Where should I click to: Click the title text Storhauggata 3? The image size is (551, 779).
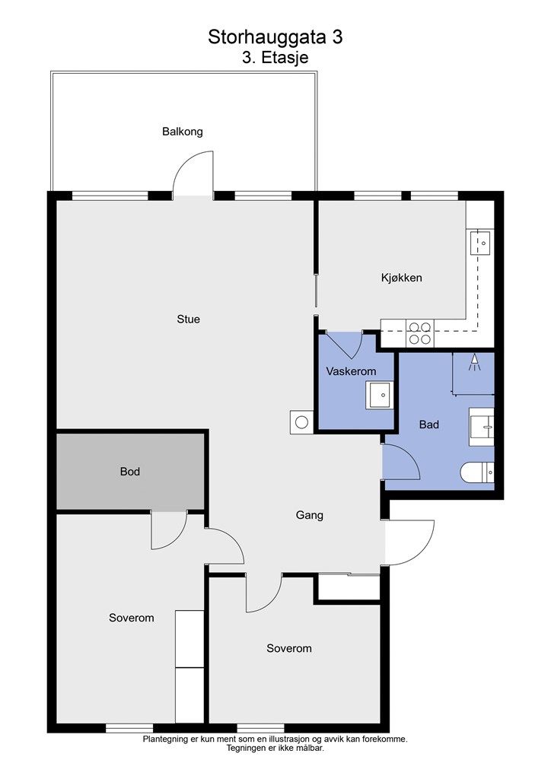coord(275,37)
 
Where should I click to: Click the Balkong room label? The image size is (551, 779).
coord(183,132)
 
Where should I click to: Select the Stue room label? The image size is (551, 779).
coord(188,320)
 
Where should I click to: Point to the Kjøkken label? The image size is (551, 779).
coord(401,278)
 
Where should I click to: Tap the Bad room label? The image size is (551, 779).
coord(429,425)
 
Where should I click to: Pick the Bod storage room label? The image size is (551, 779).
coord(130,472)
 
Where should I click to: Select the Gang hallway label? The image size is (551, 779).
coord(310,515)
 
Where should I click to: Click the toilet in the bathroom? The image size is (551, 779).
coord(479,474)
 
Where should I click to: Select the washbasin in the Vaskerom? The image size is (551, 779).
coord(379,395)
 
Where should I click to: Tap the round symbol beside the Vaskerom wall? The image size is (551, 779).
coord(301,421)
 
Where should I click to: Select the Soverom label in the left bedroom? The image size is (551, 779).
coord(131,618)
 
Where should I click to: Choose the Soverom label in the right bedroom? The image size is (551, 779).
coord(288,649)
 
